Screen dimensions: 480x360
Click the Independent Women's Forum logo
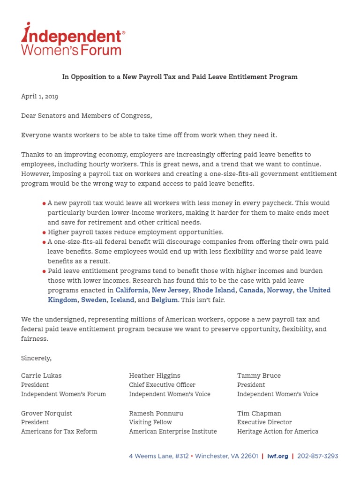click(x=73, y=39)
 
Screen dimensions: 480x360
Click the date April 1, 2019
click(x=39, y=97)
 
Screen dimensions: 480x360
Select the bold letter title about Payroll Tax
click(x=180, y=77)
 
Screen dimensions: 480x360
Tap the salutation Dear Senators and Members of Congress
click(x=86, y=116)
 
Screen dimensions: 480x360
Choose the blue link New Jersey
click(x=170, y=290)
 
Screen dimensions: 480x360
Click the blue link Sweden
click(x=94, y=300)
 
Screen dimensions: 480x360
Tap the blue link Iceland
click(x=122, y=300)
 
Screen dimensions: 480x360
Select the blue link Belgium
click(x=165, y=300)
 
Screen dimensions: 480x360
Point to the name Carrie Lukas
click(x=41, y=375)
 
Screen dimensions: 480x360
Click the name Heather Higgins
click(x=155, y=375)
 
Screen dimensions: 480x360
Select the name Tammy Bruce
click(x=259, y=375)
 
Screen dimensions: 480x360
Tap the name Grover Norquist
click(x=46, y=413)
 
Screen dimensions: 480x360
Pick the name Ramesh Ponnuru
click(x=156, y=413)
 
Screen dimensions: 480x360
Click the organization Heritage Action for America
click(x=277, y=431)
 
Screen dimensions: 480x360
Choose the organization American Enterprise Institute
click(x=173, y=431)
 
